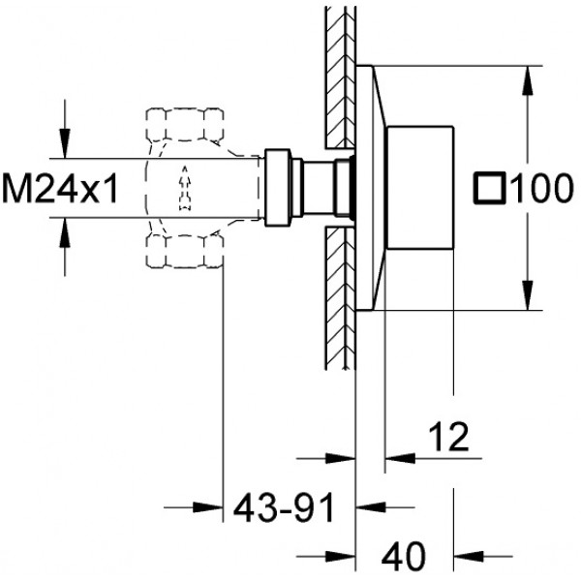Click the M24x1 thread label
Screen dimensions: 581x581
coord(60,189)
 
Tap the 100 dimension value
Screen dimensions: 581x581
coord(541,188)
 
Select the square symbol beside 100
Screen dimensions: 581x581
coord(490,188)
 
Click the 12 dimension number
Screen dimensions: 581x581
coord(448,437)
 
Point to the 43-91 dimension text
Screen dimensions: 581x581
coord(284,507)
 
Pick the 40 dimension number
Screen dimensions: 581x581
coord(404,557)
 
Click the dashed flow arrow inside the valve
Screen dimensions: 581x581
coord(185,189)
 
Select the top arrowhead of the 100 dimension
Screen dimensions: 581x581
coord(528,80)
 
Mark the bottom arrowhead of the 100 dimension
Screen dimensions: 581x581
coord(528,295)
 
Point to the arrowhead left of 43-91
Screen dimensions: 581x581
coord(208,507)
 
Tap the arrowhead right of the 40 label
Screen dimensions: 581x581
coord(469,556)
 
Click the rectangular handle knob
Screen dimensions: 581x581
coord(420,188)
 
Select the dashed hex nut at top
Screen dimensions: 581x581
coord(185,125)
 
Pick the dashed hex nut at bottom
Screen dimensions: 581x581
coord(185,251)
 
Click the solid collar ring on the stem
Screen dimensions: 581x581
coord(278,188)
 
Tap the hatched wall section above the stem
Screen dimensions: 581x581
coord(341,77)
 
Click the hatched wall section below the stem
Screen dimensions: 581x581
coord(341,298)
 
